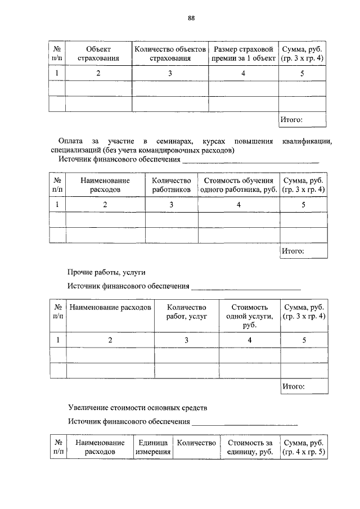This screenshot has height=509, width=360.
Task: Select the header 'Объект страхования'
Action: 98,53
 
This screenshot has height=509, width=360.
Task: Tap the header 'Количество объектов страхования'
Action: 170,53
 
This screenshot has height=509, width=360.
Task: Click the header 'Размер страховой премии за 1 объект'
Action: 243,53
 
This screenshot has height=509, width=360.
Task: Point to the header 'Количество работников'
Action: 172,186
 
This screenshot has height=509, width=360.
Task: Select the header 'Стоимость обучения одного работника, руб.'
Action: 238,186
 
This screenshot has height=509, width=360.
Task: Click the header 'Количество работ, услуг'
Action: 187,312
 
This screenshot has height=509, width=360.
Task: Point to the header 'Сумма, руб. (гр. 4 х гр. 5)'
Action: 303,448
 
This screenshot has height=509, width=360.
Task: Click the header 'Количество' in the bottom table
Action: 196,443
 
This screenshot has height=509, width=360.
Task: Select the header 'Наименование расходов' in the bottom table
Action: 100,448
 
